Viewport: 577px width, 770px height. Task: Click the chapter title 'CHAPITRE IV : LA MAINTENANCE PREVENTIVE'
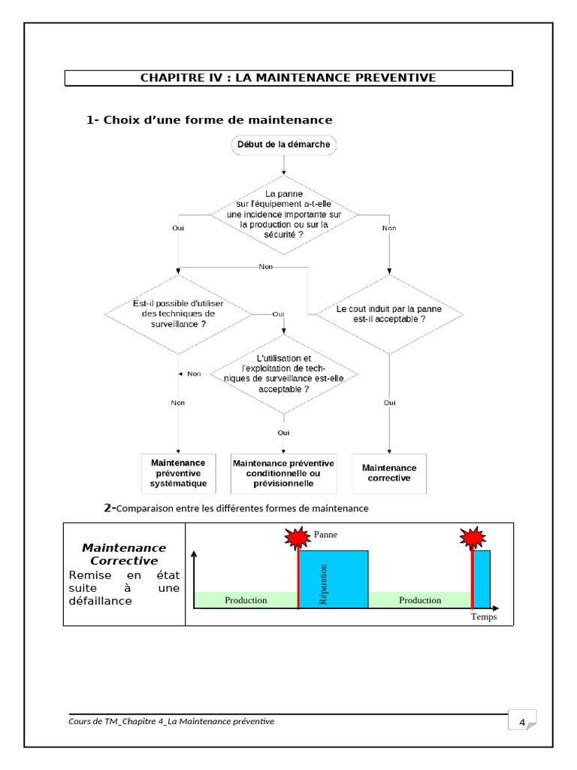click(x=288, y=78)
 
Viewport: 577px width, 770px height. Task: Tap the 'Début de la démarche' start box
click(x=283, y=144)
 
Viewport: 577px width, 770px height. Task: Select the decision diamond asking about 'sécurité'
click(x=283, y=214)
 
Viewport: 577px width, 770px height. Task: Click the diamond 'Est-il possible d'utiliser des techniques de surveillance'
click(x=178, y=313)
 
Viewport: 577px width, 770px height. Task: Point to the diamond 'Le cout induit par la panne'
click(x=388, y=314)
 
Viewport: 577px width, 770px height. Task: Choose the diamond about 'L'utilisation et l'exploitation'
click(x=283, y=374)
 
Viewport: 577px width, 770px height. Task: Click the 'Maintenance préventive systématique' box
click(x=178, y=473)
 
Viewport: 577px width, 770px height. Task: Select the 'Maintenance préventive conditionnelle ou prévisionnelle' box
click(x=283, y=473)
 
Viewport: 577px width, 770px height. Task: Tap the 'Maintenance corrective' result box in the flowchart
click(x=389, y=472)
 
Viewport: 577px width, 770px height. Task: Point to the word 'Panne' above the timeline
click(x=326, y=535)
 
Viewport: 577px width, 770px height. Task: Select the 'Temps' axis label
click(x=484, y=617)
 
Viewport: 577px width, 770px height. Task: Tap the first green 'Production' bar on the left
click(x=246, y=600)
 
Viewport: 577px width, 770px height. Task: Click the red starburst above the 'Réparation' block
click(x=297, y=538)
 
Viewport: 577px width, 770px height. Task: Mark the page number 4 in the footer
click(x=521, y=723)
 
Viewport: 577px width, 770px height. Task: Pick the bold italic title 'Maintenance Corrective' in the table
click(x=124, y=554)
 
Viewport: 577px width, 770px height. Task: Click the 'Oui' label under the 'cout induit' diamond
click(x=389, y=403)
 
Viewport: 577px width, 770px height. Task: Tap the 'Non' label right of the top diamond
click(x=389, y=228)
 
